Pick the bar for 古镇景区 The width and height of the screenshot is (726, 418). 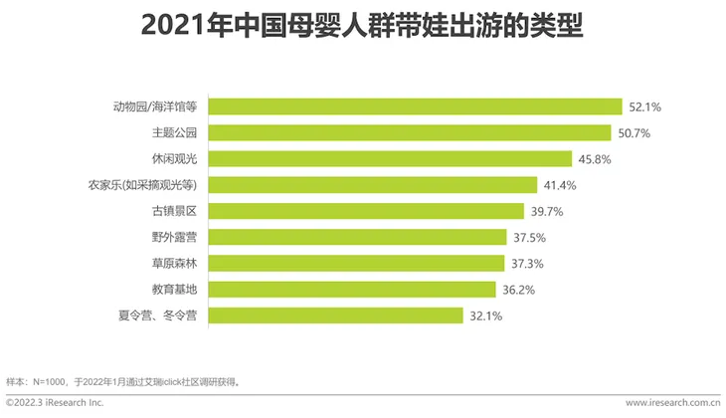(x=367, y=211)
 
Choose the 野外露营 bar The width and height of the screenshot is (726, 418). (x=358, y=237)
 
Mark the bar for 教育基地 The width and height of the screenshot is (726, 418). (x=353, y=290)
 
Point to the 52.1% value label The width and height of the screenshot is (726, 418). (x=645, y=106)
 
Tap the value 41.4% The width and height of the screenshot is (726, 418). (x=560, y=185)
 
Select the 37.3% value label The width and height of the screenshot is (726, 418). (x=527, y=264)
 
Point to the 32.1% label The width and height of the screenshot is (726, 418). (x=486, y=316)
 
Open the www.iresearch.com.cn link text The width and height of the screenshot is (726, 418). (x=672, y=403)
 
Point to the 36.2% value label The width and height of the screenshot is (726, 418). (x=519, y=290)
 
